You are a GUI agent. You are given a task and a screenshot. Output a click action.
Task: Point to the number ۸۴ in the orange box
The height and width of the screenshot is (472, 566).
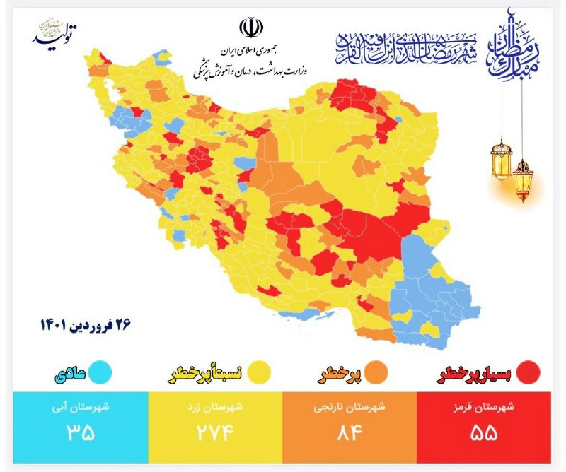pyautogui.click(x=349, y=432)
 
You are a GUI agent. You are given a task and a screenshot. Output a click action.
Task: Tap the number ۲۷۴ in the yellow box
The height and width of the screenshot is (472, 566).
pyautogui.click(x=214, y=432)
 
